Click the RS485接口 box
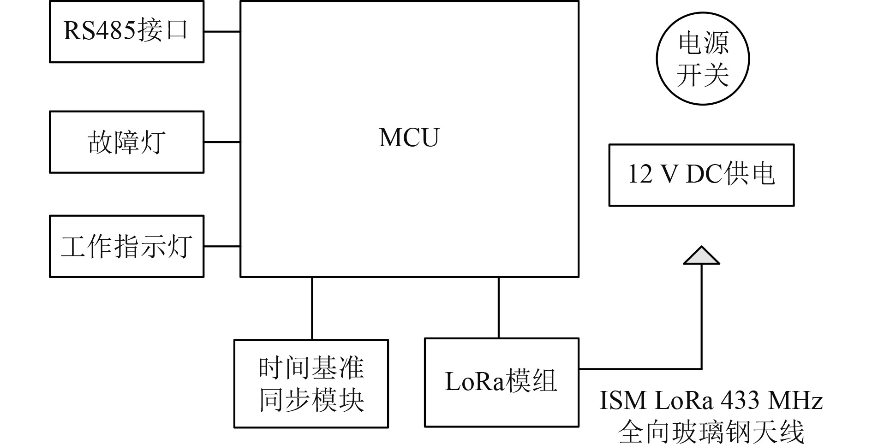click(126, 32)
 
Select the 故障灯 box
click(126, 142)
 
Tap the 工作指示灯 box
click(126, 246)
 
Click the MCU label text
click(409, 137)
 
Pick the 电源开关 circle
click(702, 59)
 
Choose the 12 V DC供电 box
click(701, 175)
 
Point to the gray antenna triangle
click(701, 256)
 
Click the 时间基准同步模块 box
click(311, 384)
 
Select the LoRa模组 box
click(501, 382)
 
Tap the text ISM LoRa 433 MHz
click(711, 400)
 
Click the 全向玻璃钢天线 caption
click(711, 432)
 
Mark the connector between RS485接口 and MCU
click(222, 32)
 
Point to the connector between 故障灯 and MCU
click(222, 142)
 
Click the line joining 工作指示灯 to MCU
click(222, 246)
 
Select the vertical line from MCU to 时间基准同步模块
click(312, 308)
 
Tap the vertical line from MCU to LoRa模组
click(498, 308)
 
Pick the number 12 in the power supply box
click(640, 174)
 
